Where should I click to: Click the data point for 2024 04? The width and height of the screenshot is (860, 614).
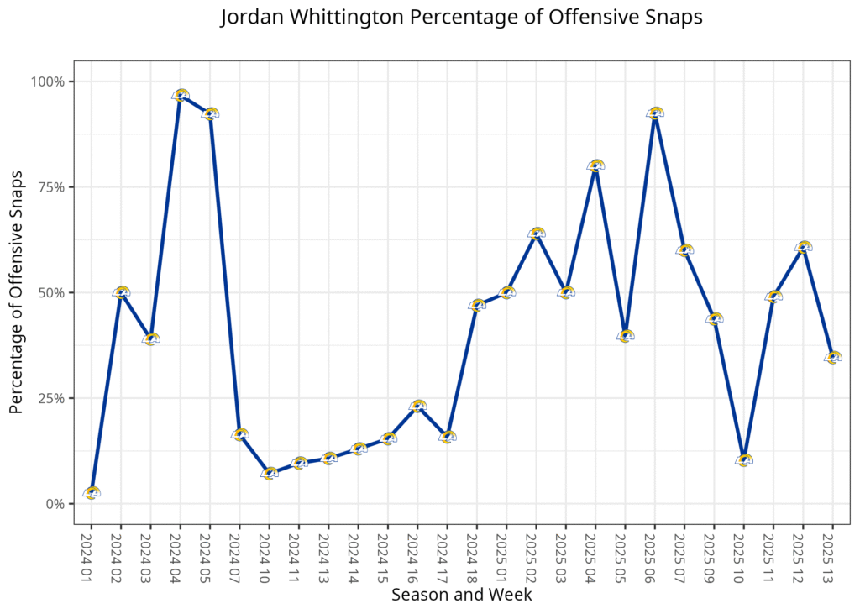(181, 95)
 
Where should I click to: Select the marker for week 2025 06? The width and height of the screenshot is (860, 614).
(655, 113)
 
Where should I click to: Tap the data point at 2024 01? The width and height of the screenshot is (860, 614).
(92, 493)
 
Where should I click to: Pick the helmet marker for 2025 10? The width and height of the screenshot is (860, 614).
(743, 460)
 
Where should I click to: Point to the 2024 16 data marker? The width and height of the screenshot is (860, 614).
(417, 407)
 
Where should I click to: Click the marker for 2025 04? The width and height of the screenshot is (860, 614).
(595, 166)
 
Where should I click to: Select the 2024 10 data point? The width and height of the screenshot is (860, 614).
(270, 474)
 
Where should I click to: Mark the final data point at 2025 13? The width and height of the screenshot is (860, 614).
(832, 358)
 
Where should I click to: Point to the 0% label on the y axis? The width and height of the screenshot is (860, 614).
(55, 504)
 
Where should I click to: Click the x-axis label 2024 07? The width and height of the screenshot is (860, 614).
(239, 554)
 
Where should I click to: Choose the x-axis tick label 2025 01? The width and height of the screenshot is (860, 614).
(506, 554)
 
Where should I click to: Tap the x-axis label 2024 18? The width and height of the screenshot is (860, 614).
(476, 554)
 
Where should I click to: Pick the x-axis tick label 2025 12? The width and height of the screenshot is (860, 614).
(803, 554)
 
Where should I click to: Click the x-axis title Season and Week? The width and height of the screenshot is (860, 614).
(461, 595)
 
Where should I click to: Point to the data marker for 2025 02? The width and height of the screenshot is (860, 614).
(536, 234)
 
